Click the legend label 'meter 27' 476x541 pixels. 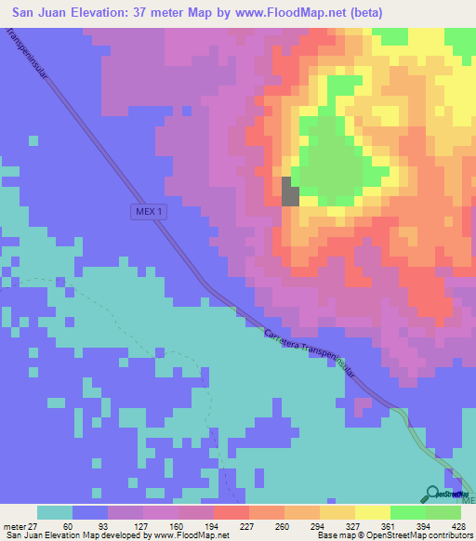pyautogui.click(x=18, y=527)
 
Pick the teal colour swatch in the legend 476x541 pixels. pyautogui.click(x=55, y=513)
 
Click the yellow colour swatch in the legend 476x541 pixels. pyautogui.click(x=372, y=513)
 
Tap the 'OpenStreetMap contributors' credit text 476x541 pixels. pyautogui.click(x=418, y=536)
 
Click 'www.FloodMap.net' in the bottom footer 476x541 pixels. pyautogui.click(x=185, y=536)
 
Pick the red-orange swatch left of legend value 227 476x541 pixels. pyautogui.click(x=230, y=513)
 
